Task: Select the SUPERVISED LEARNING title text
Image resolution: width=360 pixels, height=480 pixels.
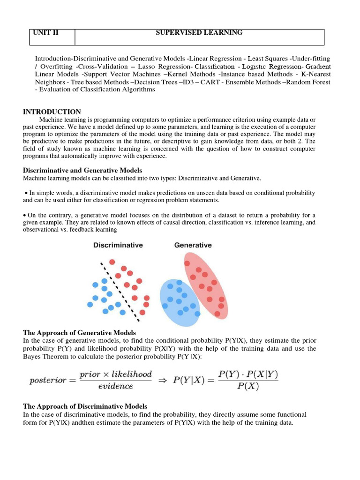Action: tap(199, 33)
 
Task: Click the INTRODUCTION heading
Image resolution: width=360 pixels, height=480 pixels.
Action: tap(52, 112)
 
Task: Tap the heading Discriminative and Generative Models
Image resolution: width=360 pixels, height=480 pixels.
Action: tap(82, 170)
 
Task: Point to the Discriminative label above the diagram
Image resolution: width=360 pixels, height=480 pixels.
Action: tap(118, 245)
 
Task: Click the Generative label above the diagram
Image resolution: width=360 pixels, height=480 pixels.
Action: tap(193, 245)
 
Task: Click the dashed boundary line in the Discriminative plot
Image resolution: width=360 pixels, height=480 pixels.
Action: tap(120, 291)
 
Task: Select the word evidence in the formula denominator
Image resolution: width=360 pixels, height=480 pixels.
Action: tap(115, 387)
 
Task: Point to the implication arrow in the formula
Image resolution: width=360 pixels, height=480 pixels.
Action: tap(162, 380)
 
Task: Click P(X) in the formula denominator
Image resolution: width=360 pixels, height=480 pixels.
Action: tap(248, 387)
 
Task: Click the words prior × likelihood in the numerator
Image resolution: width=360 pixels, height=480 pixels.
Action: tap(115, 374)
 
